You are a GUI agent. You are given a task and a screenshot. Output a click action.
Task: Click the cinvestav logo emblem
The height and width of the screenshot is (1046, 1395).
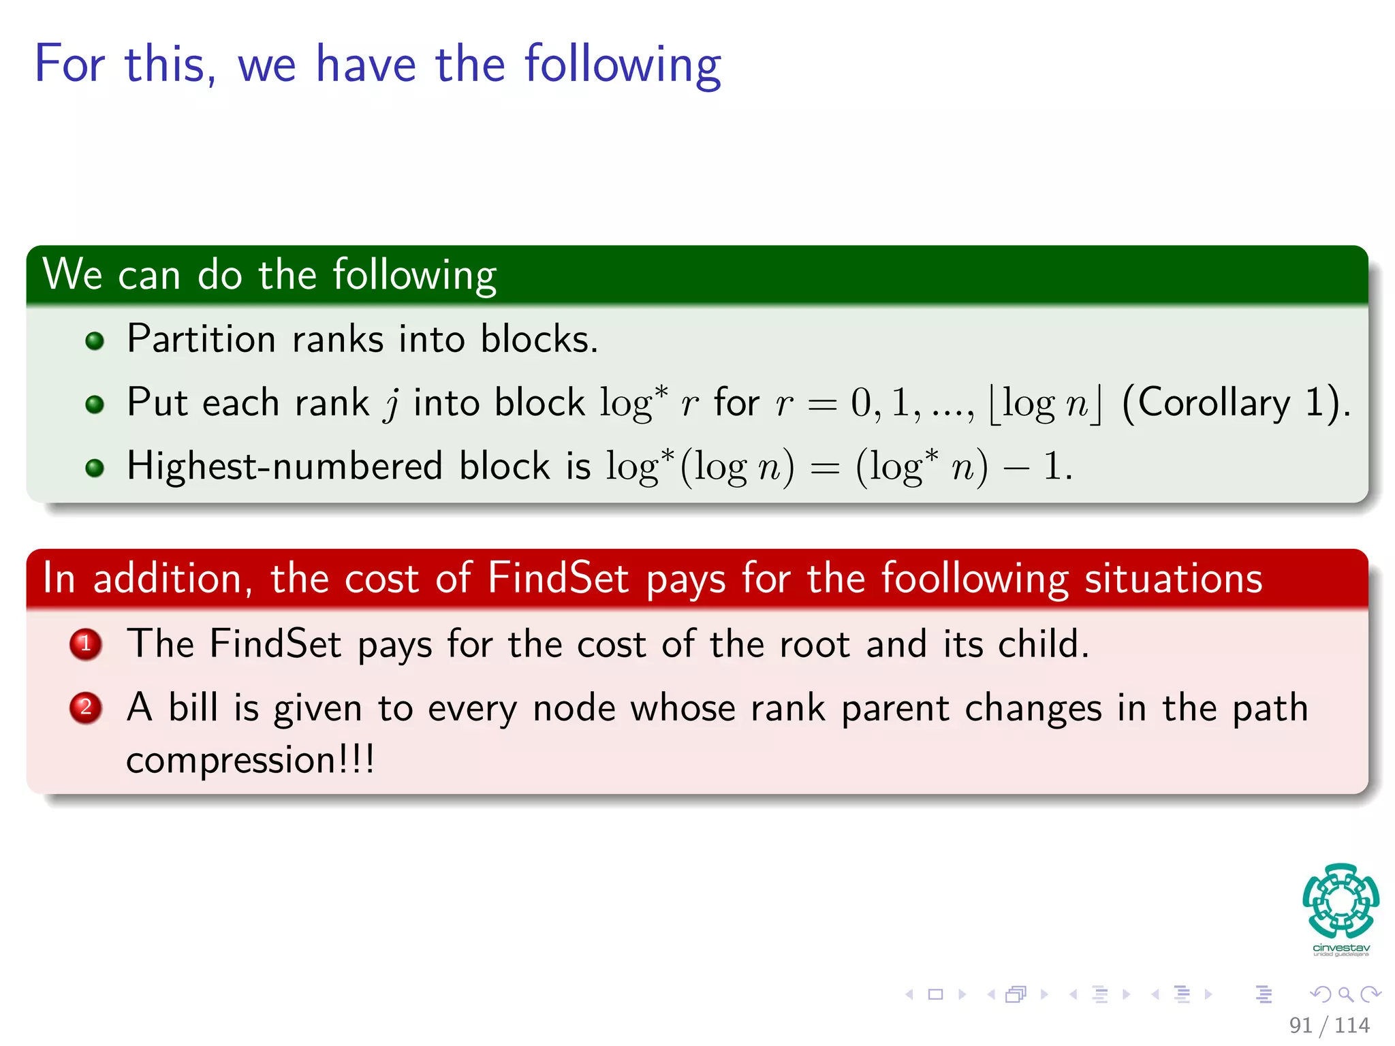pos(1341,900)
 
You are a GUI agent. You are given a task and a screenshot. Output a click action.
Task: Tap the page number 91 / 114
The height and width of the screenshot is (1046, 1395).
pos(1329,1025)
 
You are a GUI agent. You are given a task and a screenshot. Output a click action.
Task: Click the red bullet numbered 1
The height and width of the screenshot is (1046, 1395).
pos(86,644)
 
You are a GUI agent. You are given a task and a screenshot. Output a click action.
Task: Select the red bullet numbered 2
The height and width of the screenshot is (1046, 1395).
pos(86,708)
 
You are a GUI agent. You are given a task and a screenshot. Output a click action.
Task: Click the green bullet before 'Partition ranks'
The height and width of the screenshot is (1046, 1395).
pos(95,340)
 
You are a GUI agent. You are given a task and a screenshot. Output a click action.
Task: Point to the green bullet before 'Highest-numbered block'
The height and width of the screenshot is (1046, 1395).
pos(95,468)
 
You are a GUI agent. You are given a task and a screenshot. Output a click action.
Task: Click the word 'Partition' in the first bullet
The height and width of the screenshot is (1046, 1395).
pos(201,338)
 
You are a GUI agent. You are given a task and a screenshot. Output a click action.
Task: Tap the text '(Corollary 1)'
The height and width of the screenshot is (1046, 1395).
pos(1235,402)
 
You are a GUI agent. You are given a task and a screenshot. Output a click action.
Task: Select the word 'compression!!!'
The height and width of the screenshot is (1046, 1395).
pos(250,760)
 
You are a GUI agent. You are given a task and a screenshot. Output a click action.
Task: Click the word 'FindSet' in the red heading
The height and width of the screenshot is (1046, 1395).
pos(558,579)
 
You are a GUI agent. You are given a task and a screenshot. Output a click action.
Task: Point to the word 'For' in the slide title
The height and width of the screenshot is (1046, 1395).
pos(69,64)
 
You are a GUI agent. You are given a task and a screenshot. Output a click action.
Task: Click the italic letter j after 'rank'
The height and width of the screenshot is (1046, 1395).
pos(392,404)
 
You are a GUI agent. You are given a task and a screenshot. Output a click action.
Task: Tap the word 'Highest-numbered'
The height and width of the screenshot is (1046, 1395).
pos(285,466)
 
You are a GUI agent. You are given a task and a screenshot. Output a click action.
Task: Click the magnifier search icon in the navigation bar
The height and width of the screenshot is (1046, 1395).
pos(1345,994)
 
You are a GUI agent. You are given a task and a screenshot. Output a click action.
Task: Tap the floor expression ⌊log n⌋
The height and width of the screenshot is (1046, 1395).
pos(1045,404)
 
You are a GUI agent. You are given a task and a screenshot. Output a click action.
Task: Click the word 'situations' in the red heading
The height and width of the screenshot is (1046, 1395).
pos(1173,579)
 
